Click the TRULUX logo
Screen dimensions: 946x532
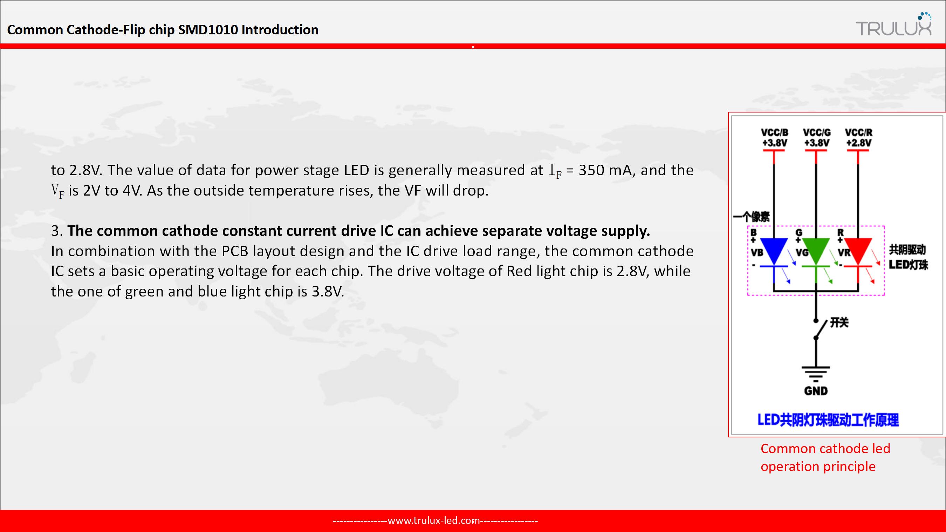coord(894,25)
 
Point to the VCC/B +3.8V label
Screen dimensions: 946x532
coord(774,137)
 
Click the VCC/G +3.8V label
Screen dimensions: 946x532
coord(816,137)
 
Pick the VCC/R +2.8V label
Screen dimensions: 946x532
coord(858,137)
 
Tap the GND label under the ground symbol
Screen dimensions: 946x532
coord(816,390)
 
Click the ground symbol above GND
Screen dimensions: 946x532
coord(816,374)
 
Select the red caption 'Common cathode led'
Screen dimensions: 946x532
coord(825,449)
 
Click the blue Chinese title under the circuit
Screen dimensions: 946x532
coord(829,420)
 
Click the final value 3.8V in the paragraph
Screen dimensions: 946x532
coord(328,291)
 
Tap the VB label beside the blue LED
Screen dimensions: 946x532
coord(757,252)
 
